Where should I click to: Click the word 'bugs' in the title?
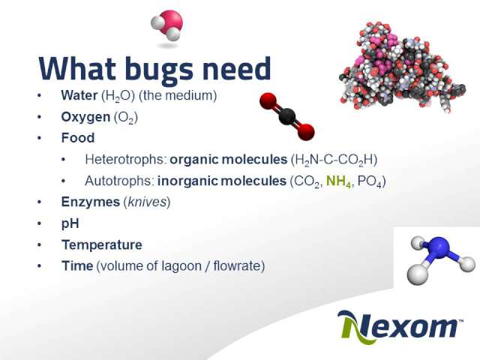point(159,70)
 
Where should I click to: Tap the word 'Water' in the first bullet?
point(79,95)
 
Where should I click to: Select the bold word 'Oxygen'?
point(85,117)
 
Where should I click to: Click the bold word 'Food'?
point(78,138)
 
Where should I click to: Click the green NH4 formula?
point(338,181)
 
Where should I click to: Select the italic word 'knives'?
point(147,202)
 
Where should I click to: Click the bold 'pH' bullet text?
point(70,223)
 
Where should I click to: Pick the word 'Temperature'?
point(102,245)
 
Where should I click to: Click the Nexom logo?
point(400,326)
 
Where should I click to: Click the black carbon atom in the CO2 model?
point(287,116)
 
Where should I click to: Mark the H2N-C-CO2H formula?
point(334,160)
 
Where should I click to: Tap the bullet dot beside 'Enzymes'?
point(39,202)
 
